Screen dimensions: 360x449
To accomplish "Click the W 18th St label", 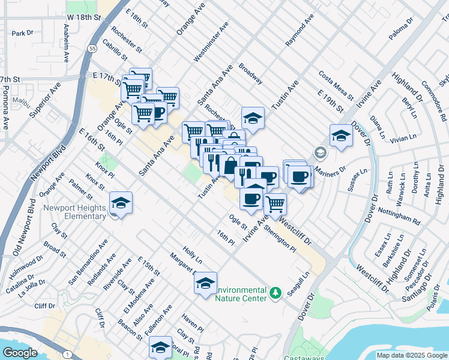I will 83,19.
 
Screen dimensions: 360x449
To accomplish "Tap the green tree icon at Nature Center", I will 276,293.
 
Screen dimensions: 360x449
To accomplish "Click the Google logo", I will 20,353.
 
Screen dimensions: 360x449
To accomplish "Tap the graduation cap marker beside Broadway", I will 253,118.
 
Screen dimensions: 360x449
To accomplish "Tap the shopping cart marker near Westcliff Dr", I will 275,204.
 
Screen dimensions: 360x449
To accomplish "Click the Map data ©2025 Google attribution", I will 412,355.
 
